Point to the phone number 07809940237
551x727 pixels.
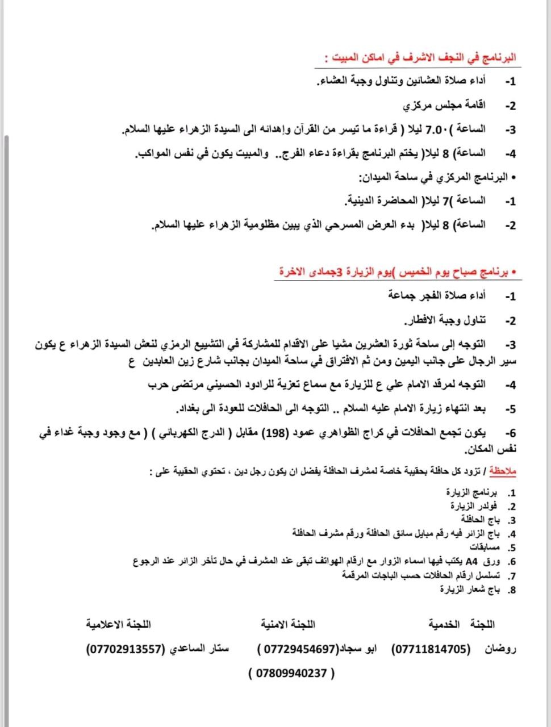(x=292, y=673)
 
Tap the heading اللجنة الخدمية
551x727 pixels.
(x=461, y=624)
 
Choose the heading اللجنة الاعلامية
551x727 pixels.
(x=119, y=624)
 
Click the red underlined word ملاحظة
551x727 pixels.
(x=503, y=471)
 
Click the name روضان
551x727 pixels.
(x=500, y=649)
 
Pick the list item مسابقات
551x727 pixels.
(x=485, y=548)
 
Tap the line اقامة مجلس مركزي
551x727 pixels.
(x=444, y=106)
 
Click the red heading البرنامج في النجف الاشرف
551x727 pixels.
(x=420, y=58)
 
